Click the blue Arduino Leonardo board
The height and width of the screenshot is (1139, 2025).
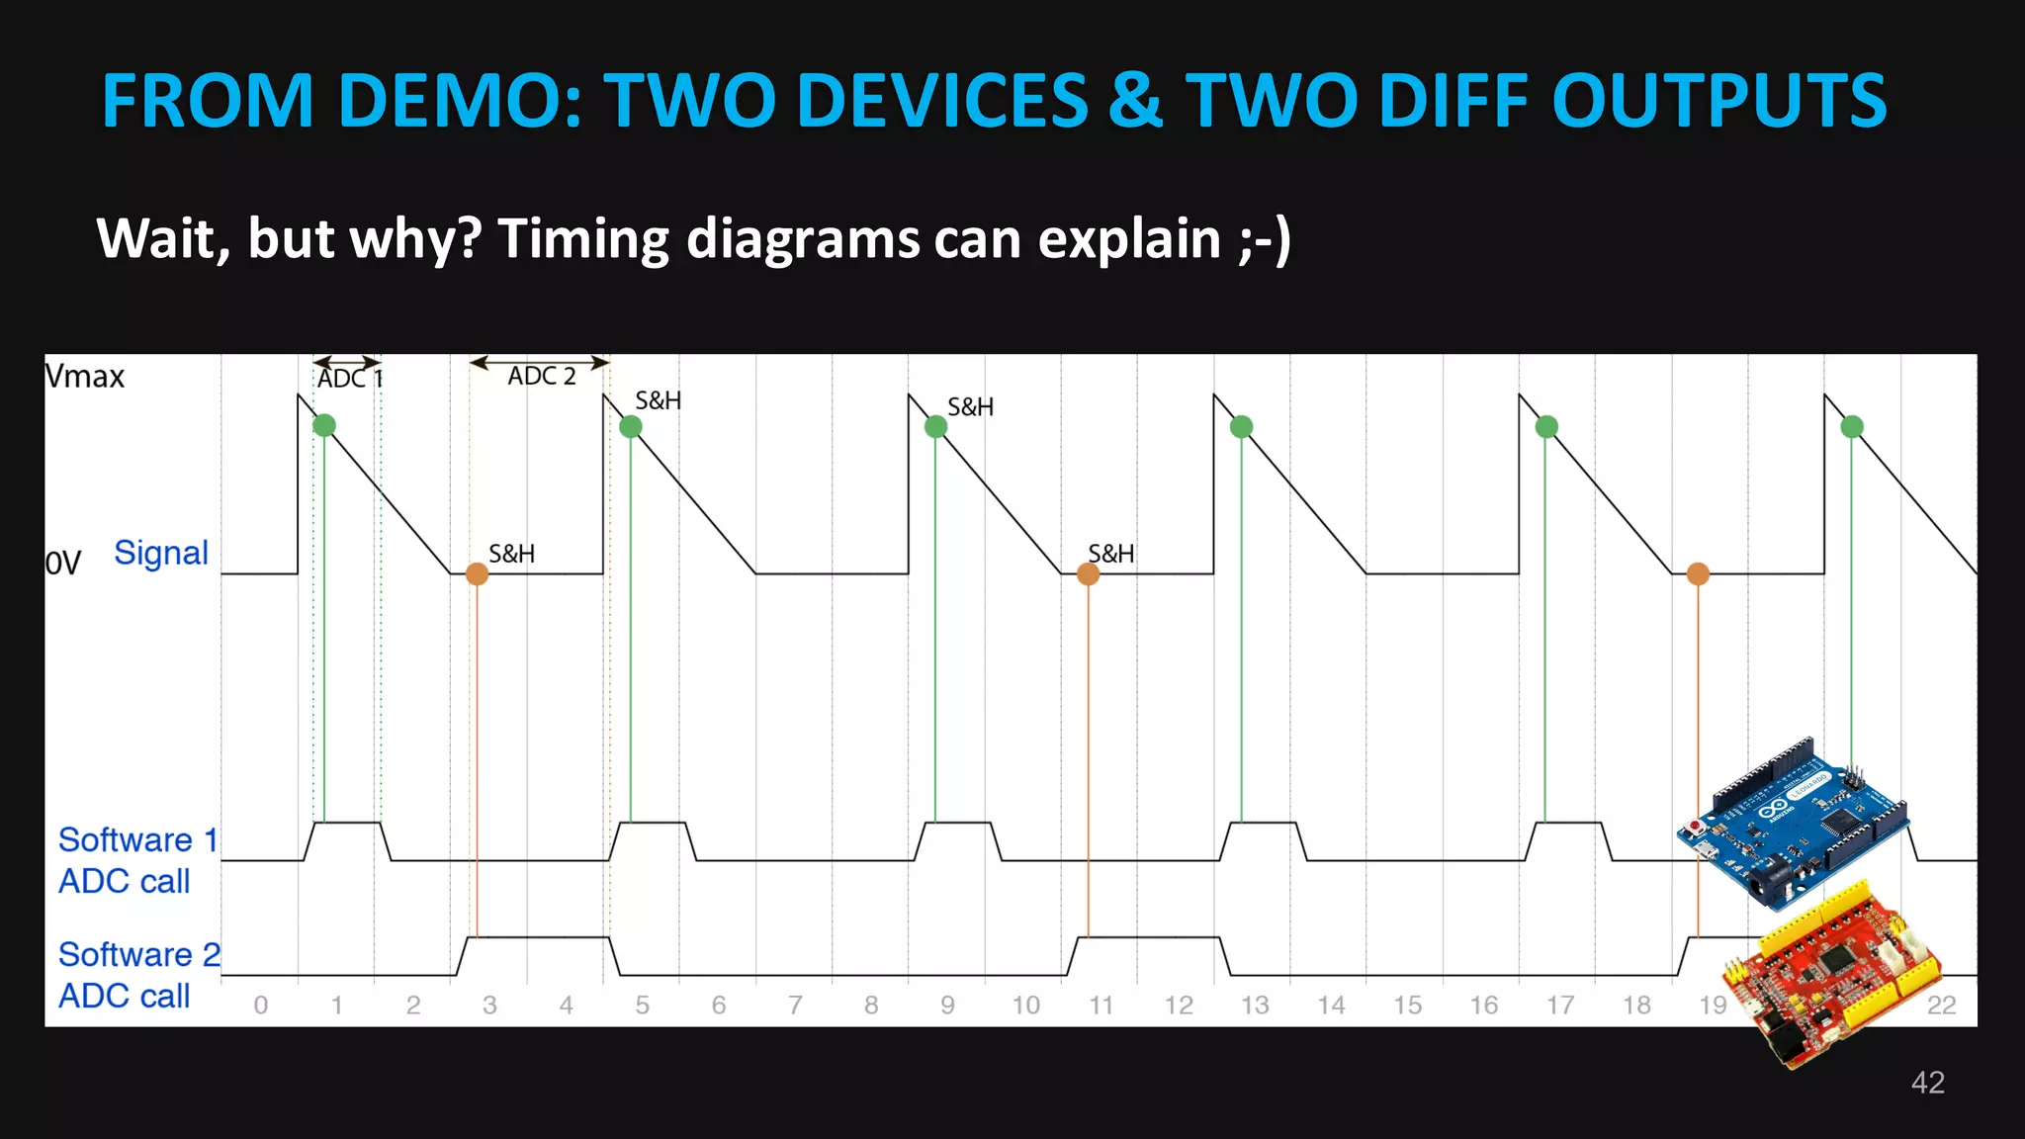tap(1792, 823)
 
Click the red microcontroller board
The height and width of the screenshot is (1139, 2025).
tap(1831, 969)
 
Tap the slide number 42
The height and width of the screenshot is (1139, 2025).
tap(1927, 1083)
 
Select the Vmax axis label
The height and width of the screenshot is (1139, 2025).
tap(85, 377)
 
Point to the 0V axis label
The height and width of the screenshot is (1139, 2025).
tap(63, 564)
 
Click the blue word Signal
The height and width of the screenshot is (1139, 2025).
tap(160, 553)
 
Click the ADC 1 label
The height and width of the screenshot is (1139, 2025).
tap(349, 379)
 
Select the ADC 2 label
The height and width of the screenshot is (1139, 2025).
tap(541, 376)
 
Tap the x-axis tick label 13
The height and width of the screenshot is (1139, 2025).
tap(1255, 1006)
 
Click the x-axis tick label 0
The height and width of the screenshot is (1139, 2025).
tap(261, 1006)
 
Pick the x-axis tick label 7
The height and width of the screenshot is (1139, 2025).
tap(795, 1006)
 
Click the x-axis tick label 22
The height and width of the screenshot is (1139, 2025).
tap(1941, 1006)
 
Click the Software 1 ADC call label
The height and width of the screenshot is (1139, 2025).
tap(137, 860)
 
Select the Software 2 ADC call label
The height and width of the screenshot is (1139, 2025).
tap(138, 975)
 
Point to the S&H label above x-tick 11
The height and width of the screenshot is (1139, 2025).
tap(1110, 554)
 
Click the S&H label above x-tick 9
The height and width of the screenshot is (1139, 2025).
tap(970, 407)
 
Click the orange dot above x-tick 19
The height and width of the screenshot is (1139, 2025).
tap(1698, 573)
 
